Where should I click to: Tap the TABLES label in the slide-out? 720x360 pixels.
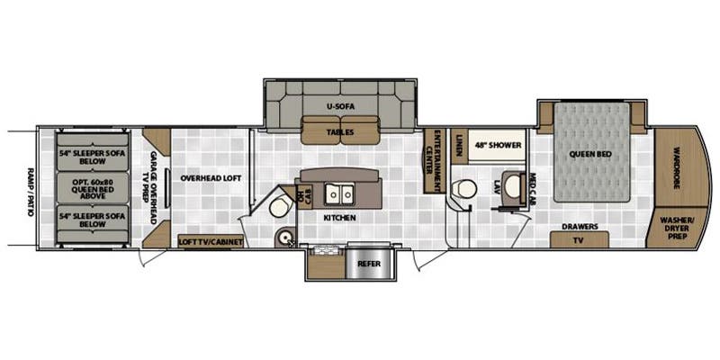tap(339, 132)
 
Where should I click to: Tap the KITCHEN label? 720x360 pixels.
tap(339, 218)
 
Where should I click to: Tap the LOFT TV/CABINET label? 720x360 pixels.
tap(211, 241)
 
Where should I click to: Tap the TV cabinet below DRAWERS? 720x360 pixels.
tap(578, 240)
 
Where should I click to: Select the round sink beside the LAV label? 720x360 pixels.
tap(514, 186)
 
